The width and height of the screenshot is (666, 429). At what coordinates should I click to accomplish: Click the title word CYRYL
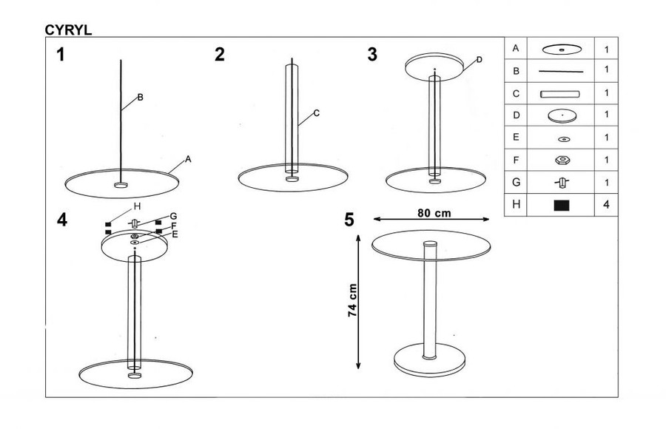pyautogui.click(x=68, y=30)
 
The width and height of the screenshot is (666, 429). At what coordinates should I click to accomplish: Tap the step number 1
pyautogui.click(x=61, y=55)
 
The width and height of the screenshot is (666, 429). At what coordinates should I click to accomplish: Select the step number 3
pyautogui.click(x=372, y=55)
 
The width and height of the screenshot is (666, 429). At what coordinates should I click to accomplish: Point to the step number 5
pyautogui.click(x=349, y=220)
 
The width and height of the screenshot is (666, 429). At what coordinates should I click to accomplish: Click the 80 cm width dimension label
pyautogui.click(x=434, y=213)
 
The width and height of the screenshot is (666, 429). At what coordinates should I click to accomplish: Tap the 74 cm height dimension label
pyautogui.click(x=352, y=300)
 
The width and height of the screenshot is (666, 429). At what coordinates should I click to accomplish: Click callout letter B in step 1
pyautogui.click(x=140, y=98)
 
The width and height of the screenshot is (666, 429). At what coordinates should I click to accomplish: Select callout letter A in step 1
pyautogui.click(x=188, y=159)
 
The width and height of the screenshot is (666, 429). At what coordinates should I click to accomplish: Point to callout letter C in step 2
pyautogui.click(x=317, y=113)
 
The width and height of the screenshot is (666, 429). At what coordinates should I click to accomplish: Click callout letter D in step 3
pyautogui.click(x=480, y=59)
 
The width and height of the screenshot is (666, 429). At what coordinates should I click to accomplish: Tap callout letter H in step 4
pyautogui.click(x=137, y=206)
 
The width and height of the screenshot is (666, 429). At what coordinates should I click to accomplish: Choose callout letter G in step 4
pyautogui.click(x=173, y=216)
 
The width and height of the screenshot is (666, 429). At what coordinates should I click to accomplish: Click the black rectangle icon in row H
pyautogui.click(x=562, y=206)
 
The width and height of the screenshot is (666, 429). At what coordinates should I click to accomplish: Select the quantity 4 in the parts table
pyautogui.click(x=606, y=204)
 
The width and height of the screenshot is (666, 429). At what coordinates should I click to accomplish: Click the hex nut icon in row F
pyautogui.click(x=562, y=160)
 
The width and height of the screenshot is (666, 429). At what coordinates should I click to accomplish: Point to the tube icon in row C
pyautogui.click(x=560, y=94)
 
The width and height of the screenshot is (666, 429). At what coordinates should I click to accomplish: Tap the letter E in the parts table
pyautogui.click(x=516, y=137)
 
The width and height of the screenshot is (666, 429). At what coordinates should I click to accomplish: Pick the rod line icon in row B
pyautogui.click(x=561, y=71)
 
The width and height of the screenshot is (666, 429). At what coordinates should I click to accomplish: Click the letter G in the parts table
pyautogui.click(x=516, y=182)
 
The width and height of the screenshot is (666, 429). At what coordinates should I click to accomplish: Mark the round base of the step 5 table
pyautogui.click(x=429, y=360)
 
